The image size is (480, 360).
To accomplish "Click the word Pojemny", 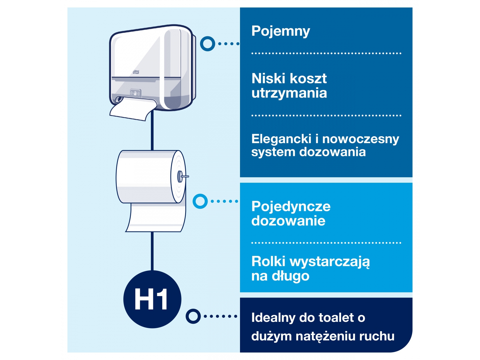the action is pos(280,31).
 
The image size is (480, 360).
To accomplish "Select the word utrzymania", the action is pos(289,93).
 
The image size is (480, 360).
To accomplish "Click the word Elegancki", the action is pos(281,139).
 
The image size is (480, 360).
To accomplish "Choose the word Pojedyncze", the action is pos(291,207).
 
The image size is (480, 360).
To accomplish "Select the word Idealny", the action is pos(273,318).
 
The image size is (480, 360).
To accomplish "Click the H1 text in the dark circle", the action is pos(151,299).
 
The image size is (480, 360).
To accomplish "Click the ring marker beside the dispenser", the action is pos(208,44).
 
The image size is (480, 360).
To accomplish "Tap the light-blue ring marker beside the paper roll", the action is pos(200,201).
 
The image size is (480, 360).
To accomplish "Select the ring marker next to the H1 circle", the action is pos(193,316).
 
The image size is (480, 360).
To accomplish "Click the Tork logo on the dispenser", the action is pos(136,72).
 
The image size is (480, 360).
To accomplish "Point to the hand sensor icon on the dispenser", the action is pos(135,93).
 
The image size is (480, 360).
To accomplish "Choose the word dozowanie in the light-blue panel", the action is pos(288,221).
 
